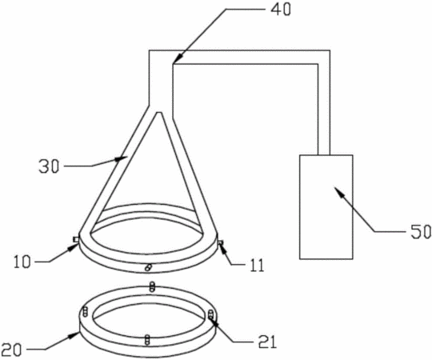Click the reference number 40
pyautogui.click(x=281, y=10)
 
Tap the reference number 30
pyautogui.click(x=49, y=166)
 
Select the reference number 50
pyautogui.click(x=421, y=232)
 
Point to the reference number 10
pyautogui.click(x=22, y=262)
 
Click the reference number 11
pyautogui.click(x=257, y=266)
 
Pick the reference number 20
pyautogui.click(x=11, y=350)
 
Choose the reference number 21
pyautogui.click(x=266, y=342)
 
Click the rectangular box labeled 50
pyautogui.click(x=326, y=207)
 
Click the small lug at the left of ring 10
pyautogui.click(x=75, y=240)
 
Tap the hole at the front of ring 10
pyautogui.click(x=148, y=267)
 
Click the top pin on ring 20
pyautogui.click(x=151, y=286)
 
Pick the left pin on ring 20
pyautogui.click(x=86, y=312)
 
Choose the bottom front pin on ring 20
pyautogui.click(x=147, y=339)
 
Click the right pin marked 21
pyautogui.click(x=210, y=314)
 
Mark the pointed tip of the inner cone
pyautogui.click(x=159, y=112)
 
